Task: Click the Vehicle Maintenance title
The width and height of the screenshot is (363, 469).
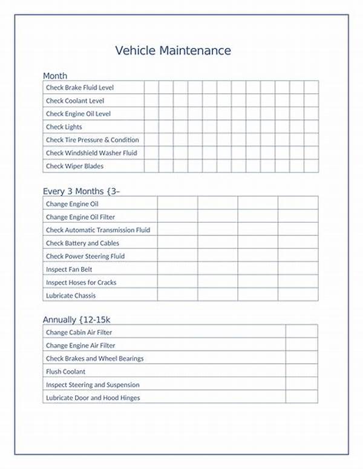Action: [173, 50]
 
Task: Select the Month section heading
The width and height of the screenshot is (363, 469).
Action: [55, 76]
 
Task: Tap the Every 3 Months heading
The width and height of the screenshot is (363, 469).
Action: [81, 191]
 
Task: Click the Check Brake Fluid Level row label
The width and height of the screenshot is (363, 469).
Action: [79, 88]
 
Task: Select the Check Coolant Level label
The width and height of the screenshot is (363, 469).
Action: [75, 101]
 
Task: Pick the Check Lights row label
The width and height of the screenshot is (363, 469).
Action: [64, 127]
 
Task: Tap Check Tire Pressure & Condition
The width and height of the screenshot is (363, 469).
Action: [92, 140]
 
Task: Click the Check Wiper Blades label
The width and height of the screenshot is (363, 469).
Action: [74, 166]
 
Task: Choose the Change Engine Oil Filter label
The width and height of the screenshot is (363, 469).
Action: [80, 217]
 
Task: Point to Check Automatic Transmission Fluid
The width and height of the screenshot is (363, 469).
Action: [98, 230]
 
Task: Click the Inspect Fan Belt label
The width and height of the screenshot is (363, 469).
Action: [69, 269]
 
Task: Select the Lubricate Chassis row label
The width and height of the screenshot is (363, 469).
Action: [71, 295]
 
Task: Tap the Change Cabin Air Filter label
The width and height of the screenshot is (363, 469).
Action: [79, 332]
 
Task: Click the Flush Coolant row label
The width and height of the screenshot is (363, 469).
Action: [66, 372]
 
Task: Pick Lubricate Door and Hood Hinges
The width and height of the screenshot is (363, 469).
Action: [93, 398]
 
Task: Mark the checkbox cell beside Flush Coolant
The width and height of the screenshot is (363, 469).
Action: [301, 372]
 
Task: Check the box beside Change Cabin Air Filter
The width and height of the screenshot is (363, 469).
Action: [301, 332]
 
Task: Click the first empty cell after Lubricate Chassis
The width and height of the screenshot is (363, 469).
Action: [177, 295]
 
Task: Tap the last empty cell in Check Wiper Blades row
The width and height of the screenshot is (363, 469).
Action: [311, 166]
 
